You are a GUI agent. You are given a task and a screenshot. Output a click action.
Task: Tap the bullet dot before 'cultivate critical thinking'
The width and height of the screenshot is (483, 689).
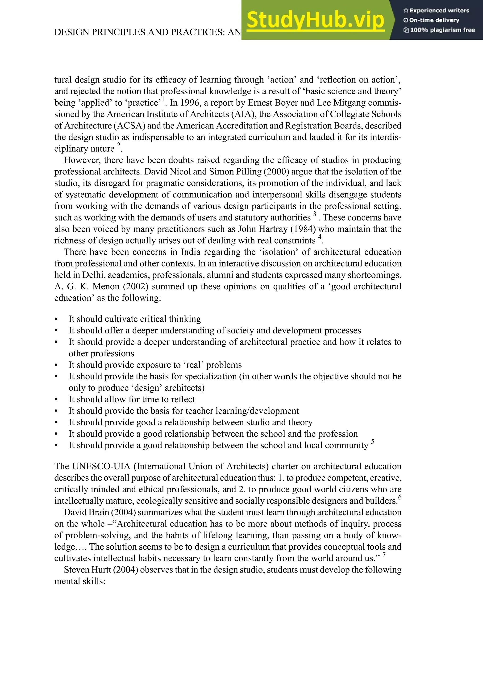coord(56,319)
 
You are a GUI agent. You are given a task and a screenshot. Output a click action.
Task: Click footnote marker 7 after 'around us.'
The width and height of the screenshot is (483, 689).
coord(384,555)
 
